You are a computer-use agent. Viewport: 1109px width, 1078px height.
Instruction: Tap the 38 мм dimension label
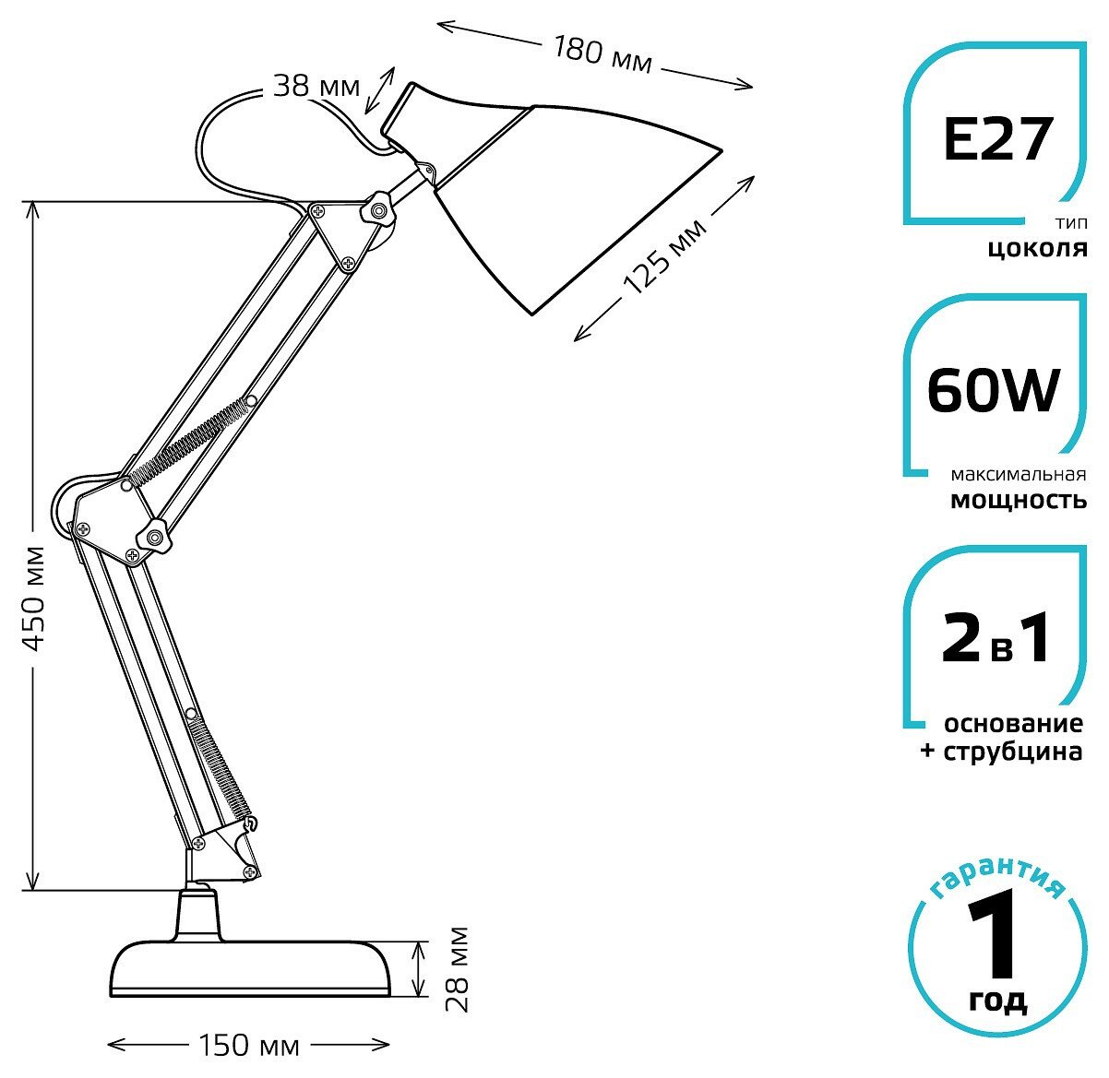(316, 87)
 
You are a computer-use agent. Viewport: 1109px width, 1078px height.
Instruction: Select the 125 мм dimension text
(664, 256)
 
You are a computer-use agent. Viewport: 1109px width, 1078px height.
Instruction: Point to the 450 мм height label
(33, 598)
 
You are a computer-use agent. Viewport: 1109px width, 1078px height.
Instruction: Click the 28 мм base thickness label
(457, 968)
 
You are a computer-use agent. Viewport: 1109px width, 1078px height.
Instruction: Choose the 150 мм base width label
(249, 1045)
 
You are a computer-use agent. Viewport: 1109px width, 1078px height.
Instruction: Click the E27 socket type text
(996, 140)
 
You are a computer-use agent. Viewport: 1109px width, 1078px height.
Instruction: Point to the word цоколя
(1038, 249)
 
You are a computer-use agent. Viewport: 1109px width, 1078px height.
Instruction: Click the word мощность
(1019, 501)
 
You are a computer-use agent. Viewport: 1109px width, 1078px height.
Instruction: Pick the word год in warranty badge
(997, 1001)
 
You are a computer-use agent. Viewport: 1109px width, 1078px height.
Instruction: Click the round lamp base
(249, 968)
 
